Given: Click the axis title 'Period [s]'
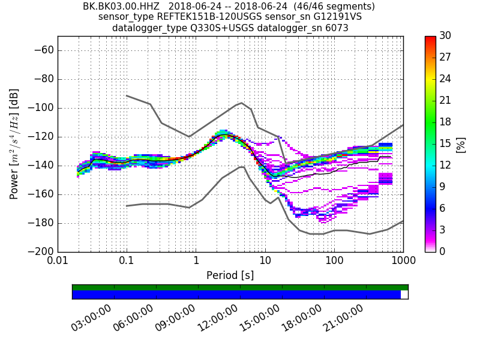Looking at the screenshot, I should coord(230,275).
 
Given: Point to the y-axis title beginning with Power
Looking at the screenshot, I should coord(14,144).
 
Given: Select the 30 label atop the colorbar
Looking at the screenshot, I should coord(445,36).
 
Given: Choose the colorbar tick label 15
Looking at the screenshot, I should coord(445,143).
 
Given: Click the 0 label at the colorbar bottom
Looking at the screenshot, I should coord(442,251).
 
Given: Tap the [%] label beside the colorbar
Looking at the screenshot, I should coord(461,144).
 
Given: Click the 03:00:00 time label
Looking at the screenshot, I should coord(91,317).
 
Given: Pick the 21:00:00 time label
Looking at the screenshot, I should coord(343,317).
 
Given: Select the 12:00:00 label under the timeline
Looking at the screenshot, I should coord(217,317).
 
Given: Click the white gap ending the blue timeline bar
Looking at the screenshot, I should coord(404,295).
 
